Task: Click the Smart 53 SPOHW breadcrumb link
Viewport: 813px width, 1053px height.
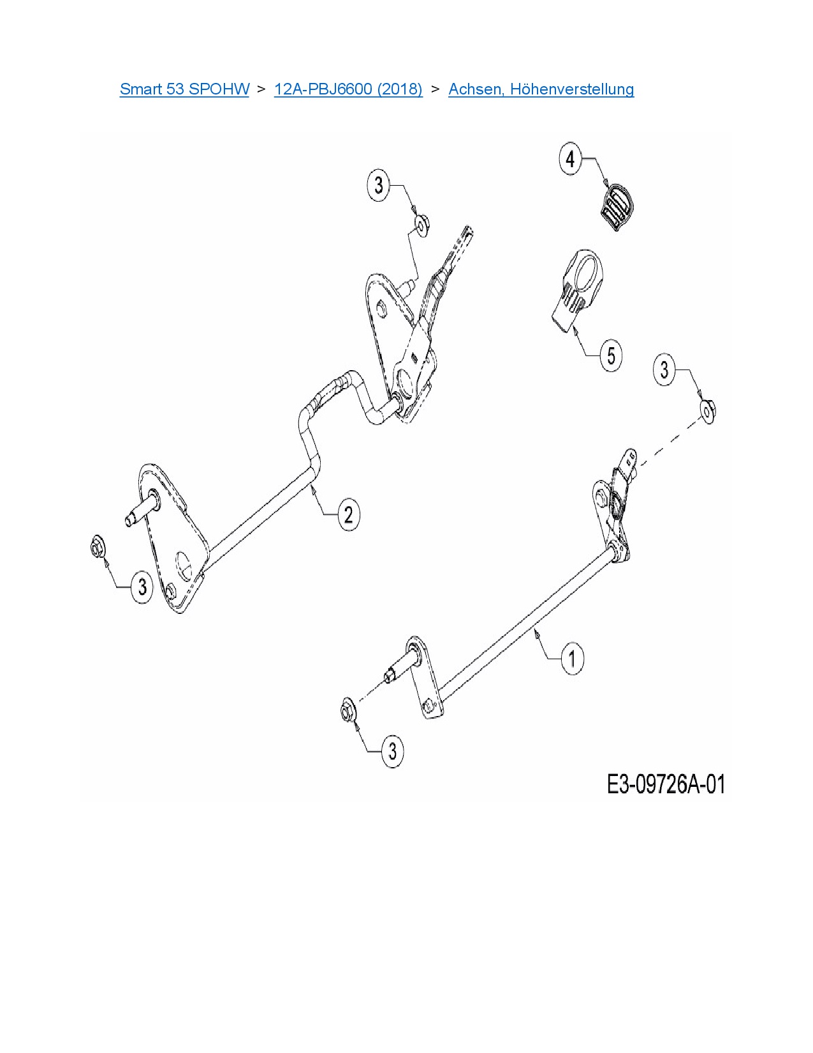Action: tap(184, 89)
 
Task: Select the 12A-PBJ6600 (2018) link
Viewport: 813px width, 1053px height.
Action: tap(348, 89)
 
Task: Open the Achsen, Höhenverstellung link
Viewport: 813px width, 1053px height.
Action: tap(541, 89)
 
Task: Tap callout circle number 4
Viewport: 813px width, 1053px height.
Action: tap(571, 158)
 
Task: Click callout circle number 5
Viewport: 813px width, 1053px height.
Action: tap(611, 355)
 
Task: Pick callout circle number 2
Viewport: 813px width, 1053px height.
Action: tap(349, 514)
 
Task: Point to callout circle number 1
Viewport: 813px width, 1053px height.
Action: tap(573, 658)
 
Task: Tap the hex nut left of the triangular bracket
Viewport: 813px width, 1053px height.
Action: tap(98, 547)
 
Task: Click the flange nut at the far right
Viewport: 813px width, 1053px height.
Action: tap(708, 412)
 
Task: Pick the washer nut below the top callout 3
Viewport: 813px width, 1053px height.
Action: tap(422, 225)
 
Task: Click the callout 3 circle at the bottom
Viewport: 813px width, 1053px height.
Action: tap(392, 752)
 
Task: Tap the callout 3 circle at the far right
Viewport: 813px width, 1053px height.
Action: tap(664, 370)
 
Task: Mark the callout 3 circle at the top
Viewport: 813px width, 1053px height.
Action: tap(379, 184)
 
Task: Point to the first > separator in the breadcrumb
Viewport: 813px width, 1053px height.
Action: tap(261, 89)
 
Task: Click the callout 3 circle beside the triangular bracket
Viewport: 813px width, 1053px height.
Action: tap(142, 587)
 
